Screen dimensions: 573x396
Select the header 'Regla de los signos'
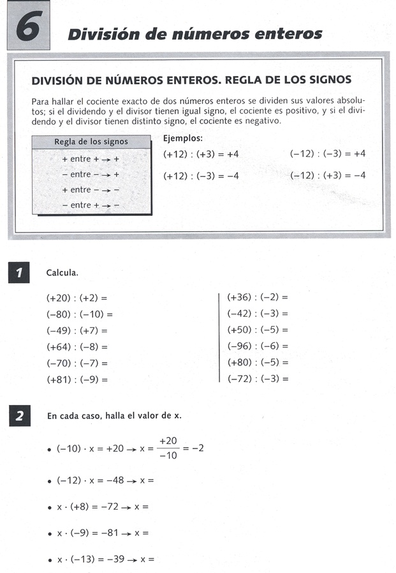pos(91,142)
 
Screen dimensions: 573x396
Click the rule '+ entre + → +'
pos(91,158)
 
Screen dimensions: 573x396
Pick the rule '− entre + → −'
pos(91,205)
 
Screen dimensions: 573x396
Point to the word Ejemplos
pos(183,138)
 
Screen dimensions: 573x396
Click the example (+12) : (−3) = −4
pos(201,176)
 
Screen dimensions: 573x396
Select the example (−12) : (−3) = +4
pos(327,154)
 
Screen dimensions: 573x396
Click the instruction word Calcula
pos(62,273)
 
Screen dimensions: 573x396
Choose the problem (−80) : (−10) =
pos(79,314)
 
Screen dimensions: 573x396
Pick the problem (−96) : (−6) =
pos(258,346)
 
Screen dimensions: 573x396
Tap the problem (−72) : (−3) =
pos(258,379)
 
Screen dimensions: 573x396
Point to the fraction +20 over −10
pos(168,448)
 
